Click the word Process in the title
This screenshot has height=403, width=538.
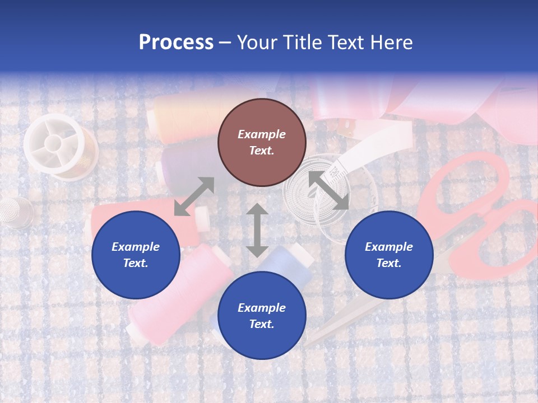176,43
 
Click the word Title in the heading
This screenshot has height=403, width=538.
303,43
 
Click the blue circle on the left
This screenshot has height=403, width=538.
136,255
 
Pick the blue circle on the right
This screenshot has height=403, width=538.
388,255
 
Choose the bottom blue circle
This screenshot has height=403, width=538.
262,316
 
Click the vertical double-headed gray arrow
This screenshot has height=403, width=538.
257,230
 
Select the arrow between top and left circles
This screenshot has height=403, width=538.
194,196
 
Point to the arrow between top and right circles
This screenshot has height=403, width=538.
328,190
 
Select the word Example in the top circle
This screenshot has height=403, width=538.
262,134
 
